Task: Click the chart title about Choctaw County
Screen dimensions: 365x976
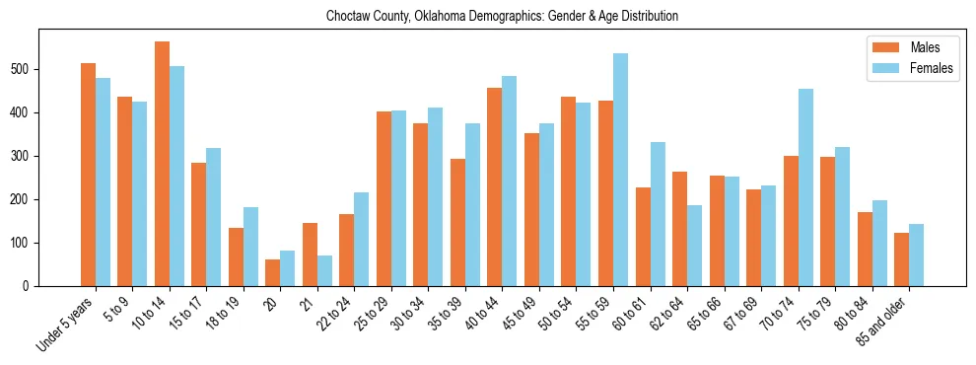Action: (x=502, y=17)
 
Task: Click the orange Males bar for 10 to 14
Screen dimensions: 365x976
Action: (x=162, y=164)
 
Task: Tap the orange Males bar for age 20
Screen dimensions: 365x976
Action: (x=273, y=272)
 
